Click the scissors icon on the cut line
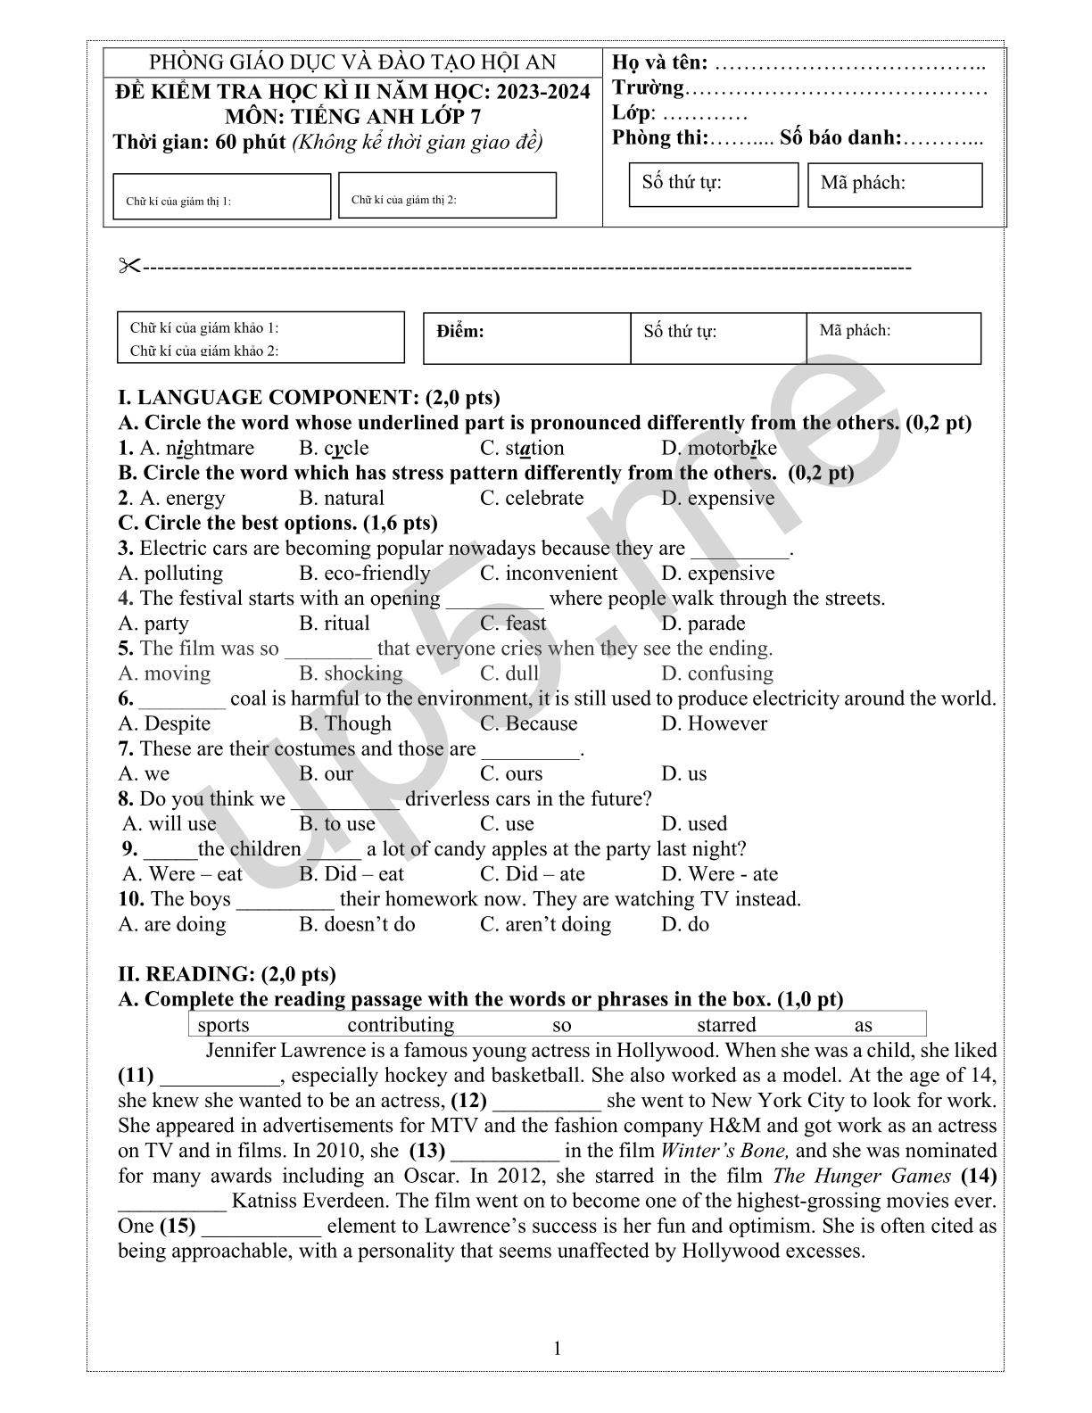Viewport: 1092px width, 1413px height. point(130,266)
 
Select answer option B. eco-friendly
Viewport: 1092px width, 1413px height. point(364,574)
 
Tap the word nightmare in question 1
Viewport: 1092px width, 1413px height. point(210,448)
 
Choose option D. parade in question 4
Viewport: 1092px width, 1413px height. point(703,624)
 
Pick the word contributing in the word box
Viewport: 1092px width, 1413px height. point(401,1025)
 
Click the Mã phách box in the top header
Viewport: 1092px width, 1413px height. point(894,185)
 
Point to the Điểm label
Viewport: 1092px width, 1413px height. point(460,332)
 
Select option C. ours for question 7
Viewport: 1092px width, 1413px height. point(511,773)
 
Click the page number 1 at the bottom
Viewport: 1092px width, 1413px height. point(558,1348)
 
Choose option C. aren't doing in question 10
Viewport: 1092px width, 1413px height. point(545,924)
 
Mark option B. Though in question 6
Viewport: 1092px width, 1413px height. point(345,723)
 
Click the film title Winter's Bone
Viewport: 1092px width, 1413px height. point(724,1151)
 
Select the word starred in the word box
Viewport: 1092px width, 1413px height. point(726,1025)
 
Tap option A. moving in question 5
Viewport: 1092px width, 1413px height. point(164,673)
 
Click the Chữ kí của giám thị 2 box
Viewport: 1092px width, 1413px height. point(447,195)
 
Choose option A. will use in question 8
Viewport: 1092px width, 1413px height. point(170,824)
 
